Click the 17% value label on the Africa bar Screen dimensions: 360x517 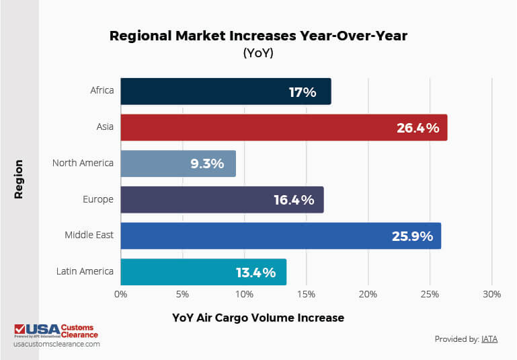tap(303, 92)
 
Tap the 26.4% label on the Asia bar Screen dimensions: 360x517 tap(417, 128)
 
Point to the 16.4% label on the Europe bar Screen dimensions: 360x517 tap(294, 200)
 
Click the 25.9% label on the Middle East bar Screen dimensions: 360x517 tap(412, 236)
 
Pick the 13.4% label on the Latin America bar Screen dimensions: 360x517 tap(255, 273)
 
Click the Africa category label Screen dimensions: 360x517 tap(102, 90)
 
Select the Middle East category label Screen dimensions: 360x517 tap(89, 236)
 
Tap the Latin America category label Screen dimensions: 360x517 tap(85, 272)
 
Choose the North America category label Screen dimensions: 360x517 tap(83, 163)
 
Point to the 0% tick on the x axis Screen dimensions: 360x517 tap(121, 295)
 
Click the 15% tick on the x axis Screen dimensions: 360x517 tap(306, 295)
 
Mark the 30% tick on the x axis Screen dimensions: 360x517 tap(491, 295)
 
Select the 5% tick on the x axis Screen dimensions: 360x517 tap(182, 295)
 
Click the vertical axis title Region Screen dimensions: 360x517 tap(19, 179)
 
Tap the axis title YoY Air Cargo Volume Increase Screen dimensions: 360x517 tap(257, 318)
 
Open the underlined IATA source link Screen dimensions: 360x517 tap(489, 339)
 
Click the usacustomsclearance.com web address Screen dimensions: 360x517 tap(56, 344)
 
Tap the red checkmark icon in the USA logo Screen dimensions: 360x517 tap(20, 330)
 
